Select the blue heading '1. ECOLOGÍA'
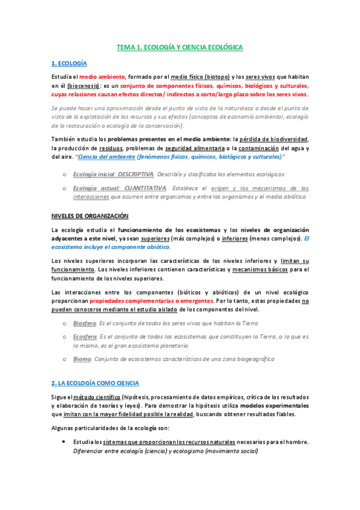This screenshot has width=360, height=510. [x=69, y=63]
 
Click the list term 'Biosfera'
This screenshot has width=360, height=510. [x=84, y=323]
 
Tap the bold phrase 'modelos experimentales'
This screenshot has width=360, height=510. [x=273, y=407]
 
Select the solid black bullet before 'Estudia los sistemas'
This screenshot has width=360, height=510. [x=64, y=442]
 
